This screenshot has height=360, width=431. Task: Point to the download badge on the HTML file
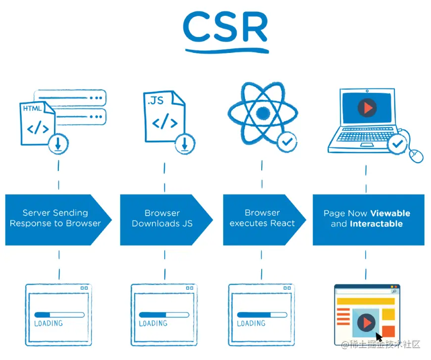[x=58, y=144]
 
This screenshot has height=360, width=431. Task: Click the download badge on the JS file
[x=185, y=144]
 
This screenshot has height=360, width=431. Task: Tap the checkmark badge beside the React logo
[x=287, y=142]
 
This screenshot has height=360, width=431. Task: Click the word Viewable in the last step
[x=390, y=213]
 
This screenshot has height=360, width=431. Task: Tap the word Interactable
[x=376, y=224]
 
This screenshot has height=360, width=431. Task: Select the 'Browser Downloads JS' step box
[x=162, y=219]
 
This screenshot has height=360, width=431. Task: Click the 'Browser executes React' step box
[x=262, y=219]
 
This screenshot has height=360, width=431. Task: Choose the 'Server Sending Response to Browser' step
[x=55, y=219]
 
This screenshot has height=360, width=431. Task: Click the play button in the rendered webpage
[x=366, y=322]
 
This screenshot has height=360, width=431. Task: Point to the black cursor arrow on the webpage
[x=379, y=337]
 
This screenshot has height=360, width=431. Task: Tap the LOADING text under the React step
[x=251, y=323]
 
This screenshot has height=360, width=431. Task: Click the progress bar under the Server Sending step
[x=59, y=315]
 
